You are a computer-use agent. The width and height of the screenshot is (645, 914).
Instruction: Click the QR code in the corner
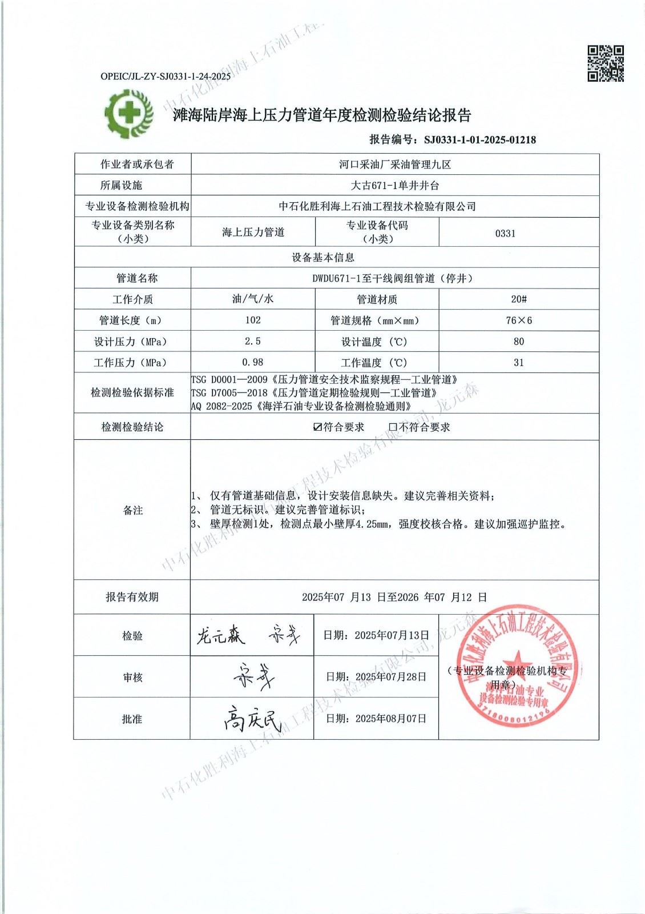(x=606, y=63)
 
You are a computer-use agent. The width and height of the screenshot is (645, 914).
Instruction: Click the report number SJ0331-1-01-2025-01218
(x=479, y=139)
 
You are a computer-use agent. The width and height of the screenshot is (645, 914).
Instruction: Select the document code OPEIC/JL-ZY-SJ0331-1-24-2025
(x=166, y=76)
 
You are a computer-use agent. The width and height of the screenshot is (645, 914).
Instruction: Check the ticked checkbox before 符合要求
(x=318, y=427)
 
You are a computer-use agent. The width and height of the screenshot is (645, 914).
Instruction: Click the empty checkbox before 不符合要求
(x=393, y=427)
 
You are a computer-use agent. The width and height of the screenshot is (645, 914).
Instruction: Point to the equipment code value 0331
(x=505, y=233)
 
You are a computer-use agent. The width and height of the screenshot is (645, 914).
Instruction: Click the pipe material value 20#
(x=518, y=299)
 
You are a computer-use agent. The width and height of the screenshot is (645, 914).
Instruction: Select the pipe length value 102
(x=252, y=320)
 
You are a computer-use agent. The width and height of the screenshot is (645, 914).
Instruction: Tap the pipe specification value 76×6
(x=518, y=320)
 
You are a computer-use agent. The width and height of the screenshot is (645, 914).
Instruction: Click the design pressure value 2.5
(x=252, y=342)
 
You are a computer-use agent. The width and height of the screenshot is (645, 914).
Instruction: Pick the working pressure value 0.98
(x=252, y=363)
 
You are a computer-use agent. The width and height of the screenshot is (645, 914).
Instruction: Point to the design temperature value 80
(x=518, y=342)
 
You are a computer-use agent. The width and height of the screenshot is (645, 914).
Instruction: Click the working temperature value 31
(x=518, y=363)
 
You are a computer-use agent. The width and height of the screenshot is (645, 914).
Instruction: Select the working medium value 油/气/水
(x=252, y=299)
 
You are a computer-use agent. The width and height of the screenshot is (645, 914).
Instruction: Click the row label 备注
(x=132, y=510)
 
